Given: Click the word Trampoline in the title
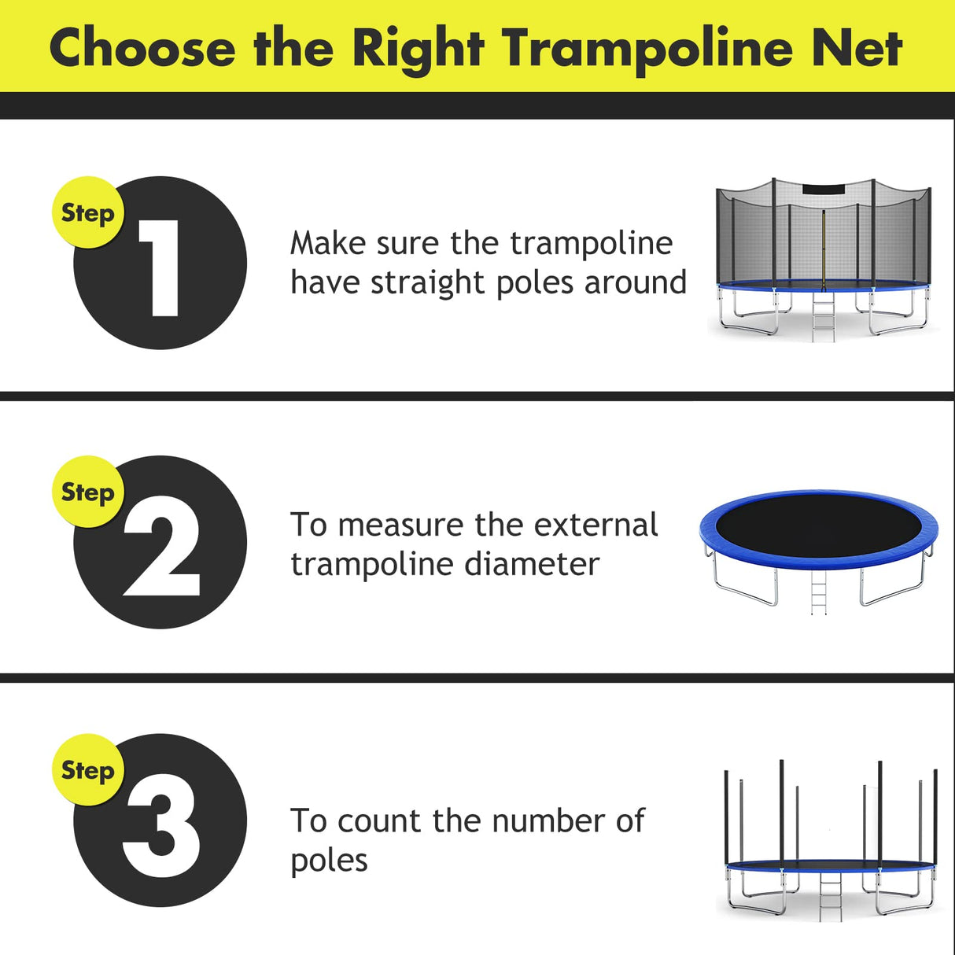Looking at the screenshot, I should pyautogui.click(x=648, y=49).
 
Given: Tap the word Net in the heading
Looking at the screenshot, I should pyautogui.click(x=857, y=49).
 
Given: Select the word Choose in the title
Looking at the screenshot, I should pyautogui.click(x=142, y=49).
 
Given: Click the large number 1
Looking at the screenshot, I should pyautogui.click(x=161, y=267).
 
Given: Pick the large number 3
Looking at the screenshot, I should pyautogui.click(x=161, y=834).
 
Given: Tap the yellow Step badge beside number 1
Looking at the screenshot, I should pyautogui.click(x=87, y=213).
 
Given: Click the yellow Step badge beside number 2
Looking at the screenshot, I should pyautogui.click(x=87, y=492).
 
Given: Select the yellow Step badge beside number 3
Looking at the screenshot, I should pyautogui.click(x=87, y=771).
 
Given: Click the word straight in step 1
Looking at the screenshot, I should pyautogui.click(x=429, y=283).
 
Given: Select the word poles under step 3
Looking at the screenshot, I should pyautogui.click(x=329, y=861).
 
